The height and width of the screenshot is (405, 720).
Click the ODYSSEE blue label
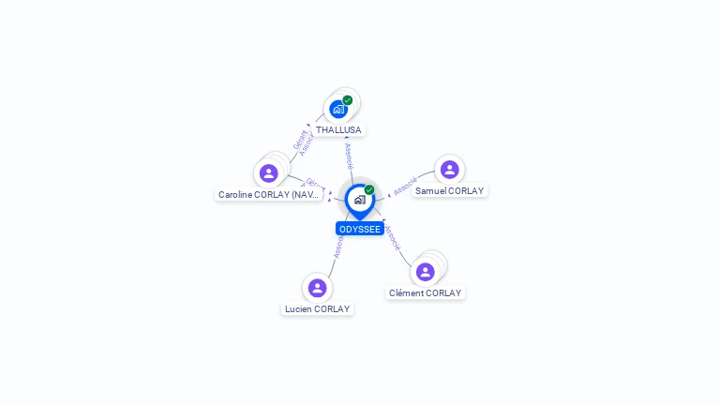tap(360, 229)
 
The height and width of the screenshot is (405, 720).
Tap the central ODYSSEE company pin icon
tap(359, 200)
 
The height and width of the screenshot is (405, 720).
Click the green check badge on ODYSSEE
tap(369, 189)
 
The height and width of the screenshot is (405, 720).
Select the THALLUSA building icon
tap(338, 110)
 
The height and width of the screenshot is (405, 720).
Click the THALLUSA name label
tap(338, 130)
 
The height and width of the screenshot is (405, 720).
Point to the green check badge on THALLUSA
tap(348, 100)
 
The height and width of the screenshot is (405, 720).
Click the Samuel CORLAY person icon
tap(449, 169)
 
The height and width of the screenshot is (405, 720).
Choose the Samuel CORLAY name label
tap(450, 190)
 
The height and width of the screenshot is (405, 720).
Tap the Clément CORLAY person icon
tap(426, 272)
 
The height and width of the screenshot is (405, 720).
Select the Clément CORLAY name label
tap(426, 292)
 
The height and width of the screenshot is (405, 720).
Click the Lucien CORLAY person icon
tap(317, 288)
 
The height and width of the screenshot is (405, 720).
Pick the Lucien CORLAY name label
tap(317, 308)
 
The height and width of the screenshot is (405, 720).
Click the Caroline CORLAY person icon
tap(269, 173)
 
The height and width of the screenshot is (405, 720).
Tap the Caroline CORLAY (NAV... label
tap(269, 195)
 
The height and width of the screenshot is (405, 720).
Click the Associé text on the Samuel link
tap(405, 186)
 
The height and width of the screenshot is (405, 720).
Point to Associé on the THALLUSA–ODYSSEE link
tap(349, 156)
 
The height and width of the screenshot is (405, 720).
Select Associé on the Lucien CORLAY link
tap(338, 246)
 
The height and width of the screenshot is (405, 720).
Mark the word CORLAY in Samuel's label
tap(465, 190)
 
